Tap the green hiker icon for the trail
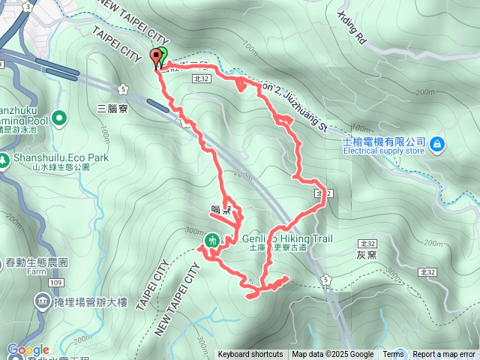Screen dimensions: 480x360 pyautogui.click(x=212, y=241)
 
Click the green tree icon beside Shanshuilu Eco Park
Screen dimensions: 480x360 pyautogui.click(x=4, y=159)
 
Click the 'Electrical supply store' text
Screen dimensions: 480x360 pyautogui.click(x=384, y=150)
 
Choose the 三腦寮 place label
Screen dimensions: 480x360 pyautogui.click(x=112, y=108)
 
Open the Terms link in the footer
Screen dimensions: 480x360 pyautogui.click(x=393, y=355)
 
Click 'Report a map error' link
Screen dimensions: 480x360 pyautogui.click(x=444, y=355)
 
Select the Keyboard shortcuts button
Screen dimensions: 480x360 pyautogui.click(x=250, y=355)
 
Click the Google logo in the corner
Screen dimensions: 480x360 pyautogui.click(x=28, y=349)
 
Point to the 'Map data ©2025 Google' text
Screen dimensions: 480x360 pyautogui.click(x=332, y=355)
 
